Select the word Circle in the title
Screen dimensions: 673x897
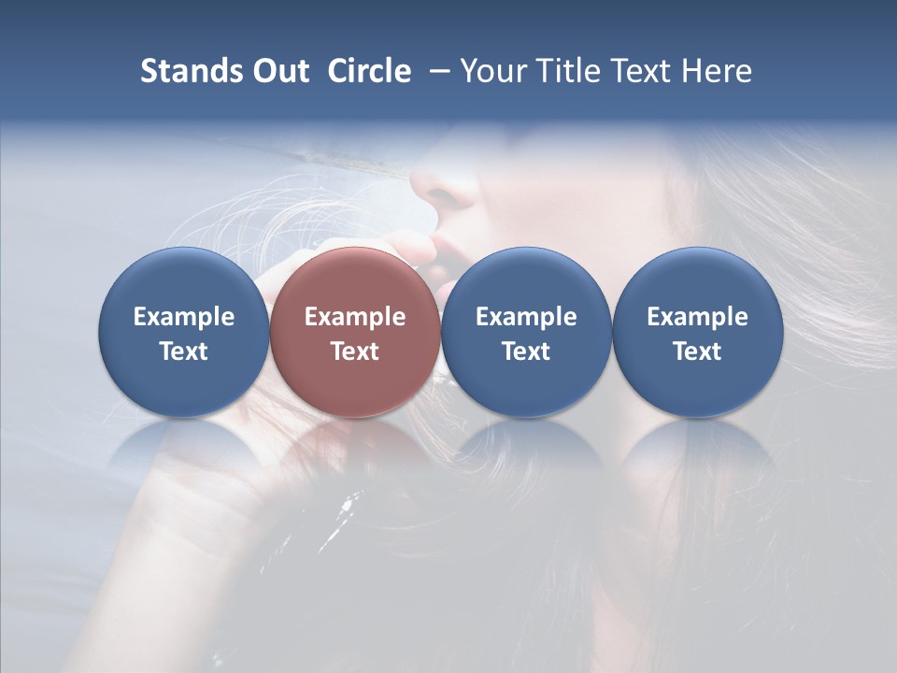coord(369,71)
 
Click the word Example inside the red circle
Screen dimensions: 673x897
coord(355,317)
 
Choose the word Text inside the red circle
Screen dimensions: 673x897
coord(355,351)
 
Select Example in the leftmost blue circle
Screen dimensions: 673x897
coord(184,317)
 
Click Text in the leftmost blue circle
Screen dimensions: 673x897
coord(184,351)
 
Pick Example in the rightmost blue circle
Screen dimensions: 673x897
coord(697,317)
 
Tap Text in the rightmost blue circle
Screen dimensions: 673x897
coord(697,351)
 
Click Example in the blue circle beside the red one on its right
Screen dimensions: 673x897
coord(526,317)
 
